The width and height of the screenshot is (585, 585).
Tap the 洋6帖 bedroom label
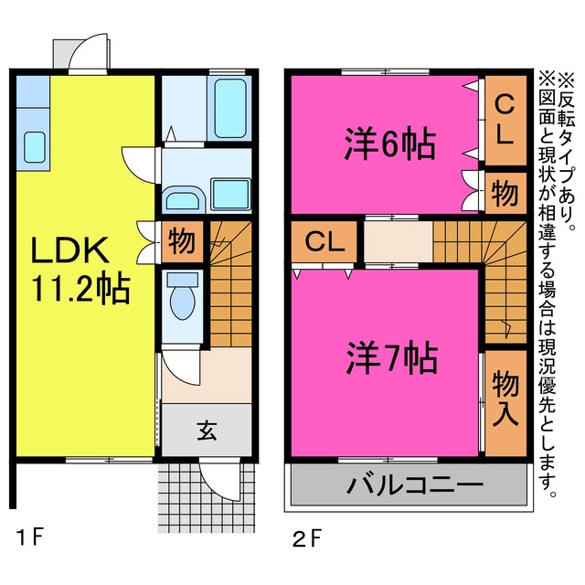coord(388,144)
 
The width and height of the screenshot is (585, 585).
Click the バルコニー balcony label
coord(412,484)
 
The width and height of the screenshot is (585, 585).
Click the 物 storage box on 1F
coord(181,243)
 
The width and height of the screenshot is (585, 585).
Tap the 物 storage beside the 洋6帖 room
coord(505,194)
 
